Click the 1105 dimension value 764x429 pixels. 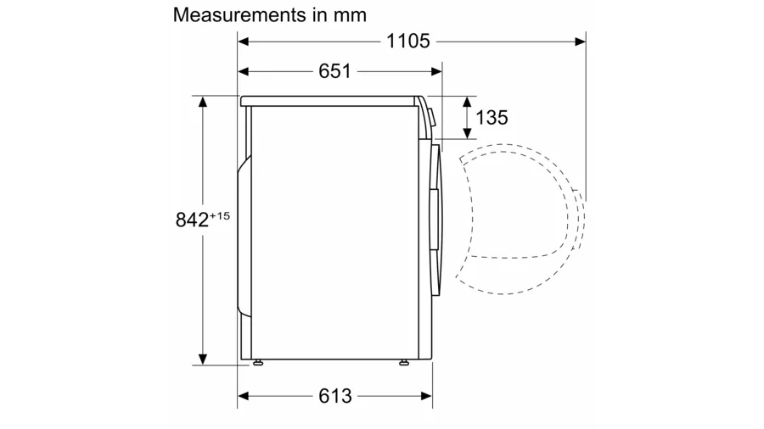(407, 42)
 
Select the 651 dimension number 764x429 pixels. (334, 71)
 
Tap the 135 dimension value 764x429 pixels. (492, 118)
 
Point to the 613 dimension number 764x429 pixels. (335, 396)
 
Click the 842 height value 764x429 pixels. (192, 220)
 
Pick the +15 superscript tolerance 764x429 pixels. (220, 215)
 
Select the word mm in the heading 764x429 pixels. (350, 16)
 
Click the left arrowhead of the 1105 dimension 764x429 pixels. (243, 42)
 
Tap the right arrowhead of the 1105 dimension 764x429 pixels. (581, 42)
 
